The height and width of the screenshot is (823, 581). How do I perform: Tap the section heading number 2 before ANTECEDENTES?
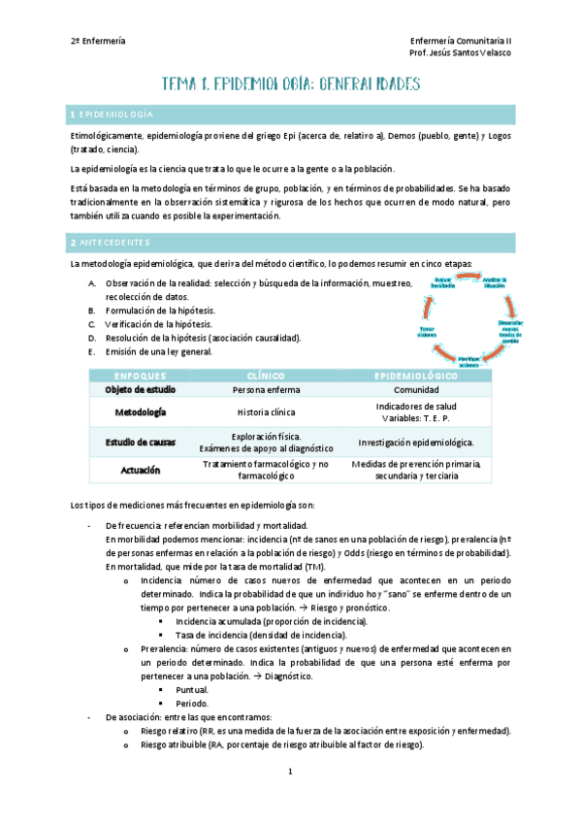(74, 242)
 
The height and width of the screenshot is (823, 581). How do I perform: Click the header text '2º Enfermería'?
(98, 40)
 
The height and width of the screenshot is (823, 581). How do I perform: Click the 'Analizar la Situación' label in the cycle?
(496, 283)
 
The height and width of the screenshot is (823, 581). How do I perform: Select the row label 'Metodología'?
(141, 412)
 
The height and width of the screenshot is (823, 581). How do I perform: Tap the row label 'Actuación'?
(141, 470)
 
